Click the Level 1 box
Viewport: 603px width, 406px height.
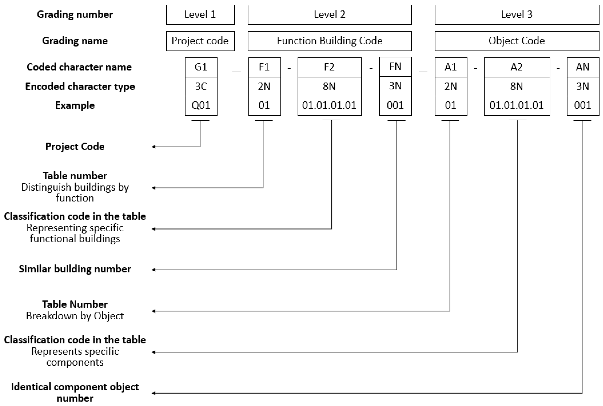(200, 15)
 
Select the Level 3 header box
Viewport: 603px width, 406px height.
(517, 15)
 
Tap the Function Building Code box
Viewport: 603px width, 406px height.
(329, 41)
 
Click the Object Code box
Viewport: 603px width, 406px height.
(517, 41)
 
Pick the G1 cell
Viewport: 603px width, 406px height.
(201, 67)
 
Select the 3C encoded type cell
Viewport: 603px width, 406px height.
(201, 86)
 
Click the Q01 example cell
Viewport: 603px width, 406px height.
(201, 106)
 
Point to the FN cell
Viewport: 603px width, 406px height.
(395, 67)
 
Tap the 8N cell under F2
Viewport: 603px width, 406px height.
(329, 86)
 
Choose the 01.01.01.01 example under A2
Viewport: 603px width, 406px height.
(517, 106)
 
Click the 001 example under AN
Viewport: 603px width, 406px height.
(583, 106)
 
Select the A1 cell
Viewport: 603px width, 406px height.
(451, 67)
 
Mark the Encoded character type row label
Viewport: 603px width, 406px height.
(80, 86)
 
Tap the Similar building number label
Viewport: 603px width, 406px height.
(75, 269)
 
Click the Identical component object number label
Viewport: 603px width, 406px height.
(75, 392)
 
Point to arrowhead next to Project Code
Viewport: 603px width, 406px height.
(153, 147)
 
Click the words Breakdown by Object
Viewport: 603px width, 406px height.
(75, 316)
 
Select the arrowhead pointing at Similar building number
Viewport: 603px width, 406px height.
(153, 270)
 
